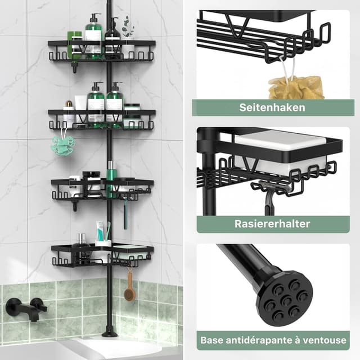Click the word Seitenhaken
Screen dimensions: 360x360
(272, 107)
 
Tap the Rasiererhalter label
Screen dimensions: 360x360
(272, 224)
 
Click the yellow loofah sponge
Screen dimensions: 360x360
(295, 87)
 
